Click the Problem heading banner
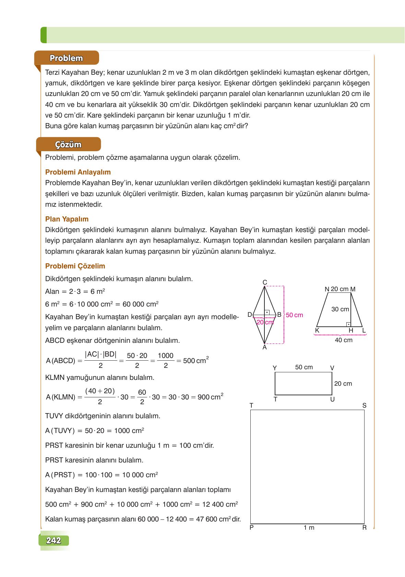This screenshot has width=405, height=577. pyautogui.click(x=66, y=58)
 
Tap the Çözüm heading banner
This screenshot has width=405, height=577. pyautogui.click(x=68, y=144)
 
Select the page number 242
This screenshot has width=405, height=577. pyautogui.click(x=53, y=541)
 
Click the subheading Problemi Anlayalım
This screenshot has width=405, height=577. pyautogui.click(x=78, y=172)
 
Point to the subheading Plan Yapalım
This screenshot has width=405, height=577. pyautogui.click(x=67, y=219)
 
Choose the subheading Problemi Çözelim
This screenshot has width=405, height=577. pyautogui.click(x=75, y=266)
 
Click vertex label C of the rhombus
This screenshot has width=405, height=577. pyautogui.click(x=265, y=283)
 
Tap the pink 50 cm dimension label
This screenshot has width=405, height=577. pyautogui.click(x=295, y=315)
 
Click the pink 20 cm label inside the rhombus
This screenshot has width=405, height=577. pyautogui.click(x=265, y=322)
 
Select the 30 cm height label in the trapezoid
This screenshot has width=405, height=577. pyautogui.click(x=340, y=309)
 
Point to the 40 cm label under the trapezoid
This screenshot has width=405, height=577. pyautogui.click(x=343, y=340)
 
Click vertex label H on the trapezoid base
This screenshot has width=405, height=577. pyautogui.click(x=351, y=331)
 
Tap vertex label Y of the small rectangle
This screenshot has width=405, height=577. pyautogui.click(x=275, y=368)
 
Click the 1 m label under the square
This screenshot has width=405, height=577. pyautogui.click(x=309, y=528)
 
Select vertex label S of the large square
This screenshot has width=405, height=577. pyautogui.click(x=364, y=406)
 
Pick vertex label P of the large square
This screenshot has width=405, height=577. pyautogui.click(x=251, y=528)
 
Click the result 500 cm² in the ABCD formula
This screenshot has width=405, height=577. pyautogui.click(x=196, y=360)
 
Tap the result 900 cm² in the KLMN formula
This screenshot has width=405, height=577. pyautogui.click(x=210, y=397)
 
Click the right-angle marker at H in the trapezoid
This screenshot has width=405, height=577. pyautogui.click(x=348, y=324)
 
